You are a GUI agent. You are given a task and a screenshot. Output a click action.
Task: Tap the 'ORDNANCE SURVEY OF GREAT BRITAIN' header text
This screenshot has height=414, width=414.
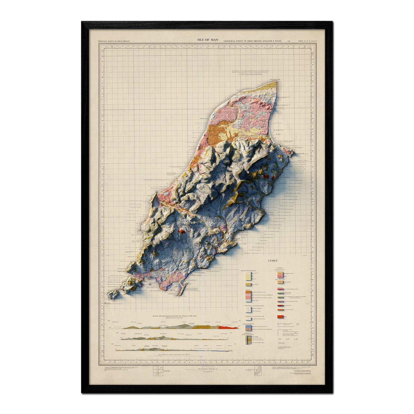(114, 41)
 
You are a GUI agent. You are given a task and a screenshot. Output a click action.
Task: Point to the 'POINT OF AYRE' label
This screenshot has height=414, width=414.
(274, 78)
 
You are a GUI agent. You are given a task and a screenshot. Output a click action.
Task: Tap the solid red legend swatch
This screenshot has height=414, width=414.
(280, 317)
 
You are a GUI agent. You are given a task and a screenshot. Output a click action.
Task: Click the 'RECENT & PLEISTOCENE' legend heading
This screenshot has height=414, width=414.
(248, 270)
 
